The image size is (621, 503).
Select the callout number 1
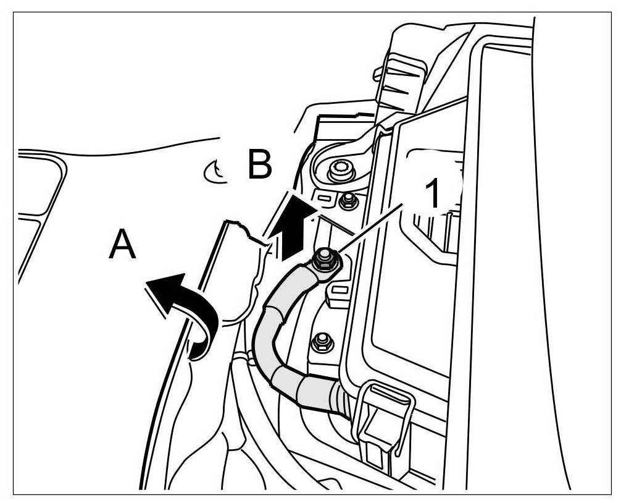click(434, 193)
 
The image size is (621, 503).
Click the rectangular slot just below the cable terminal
click(338, 289)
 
